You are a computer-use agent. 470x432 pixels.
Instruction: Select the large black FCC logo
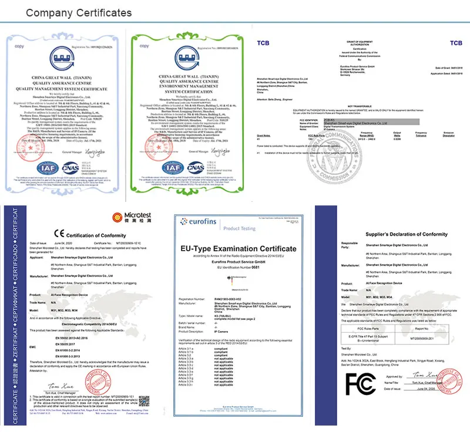[360, 382]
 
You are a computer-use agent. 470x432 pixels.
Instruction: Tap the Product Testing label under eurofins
[240, 228]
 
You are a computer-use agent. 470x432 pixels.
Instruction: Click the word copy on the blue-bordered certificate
[19, 45]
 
